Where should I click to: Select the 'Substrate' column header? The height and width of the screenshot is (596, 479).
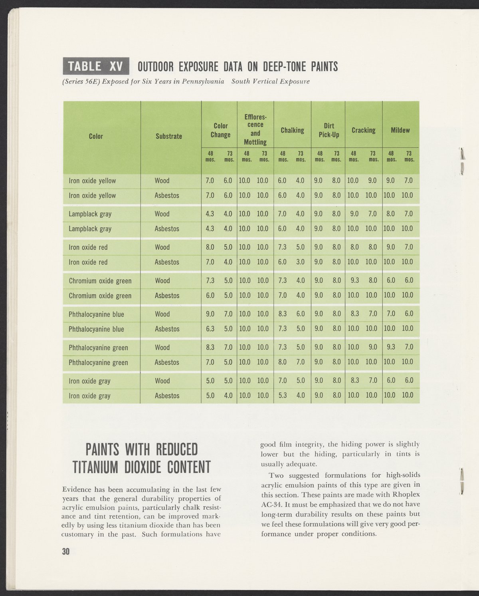tap(168, 136)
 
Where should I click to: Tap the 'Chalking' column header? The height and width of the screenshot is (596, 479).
tap(292, 130)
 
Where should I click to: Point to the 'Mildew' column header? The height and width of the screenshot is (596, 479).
tap(400, 130)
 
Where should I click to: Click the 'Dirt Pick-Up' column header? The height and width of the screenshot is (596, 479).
tap(329, 130)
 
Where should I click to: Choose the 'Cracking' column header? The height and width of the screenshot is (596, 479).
tap(363, 130)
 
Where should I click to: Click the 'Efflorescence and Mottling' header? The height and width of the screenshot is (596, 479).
tap(255, 130)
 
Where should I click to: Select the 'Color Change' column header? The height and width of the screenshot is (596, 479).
tap(220, 130)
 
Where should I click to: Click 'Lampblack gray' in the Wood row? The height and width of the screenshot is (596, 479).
tap(90, 214)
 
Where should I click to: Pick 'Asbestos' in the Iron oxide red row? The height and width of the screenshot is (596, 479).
tap(167, 262)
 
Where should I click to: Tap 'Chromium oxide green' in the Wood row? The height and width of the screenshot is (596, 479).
tap(100, 281)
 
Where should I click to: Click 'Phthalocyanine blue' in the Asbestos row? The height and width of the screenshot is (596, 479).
tap(97, 329)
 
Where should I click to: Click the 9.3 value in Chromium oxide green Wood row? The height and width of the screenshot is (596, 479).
tap(354, 280)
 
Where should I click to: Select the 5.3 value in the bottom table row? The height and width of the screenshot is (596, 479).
tap(282, 396)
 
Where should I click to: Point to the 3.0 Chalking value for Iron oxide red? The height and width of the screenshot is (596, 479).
tap(301, 262)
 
